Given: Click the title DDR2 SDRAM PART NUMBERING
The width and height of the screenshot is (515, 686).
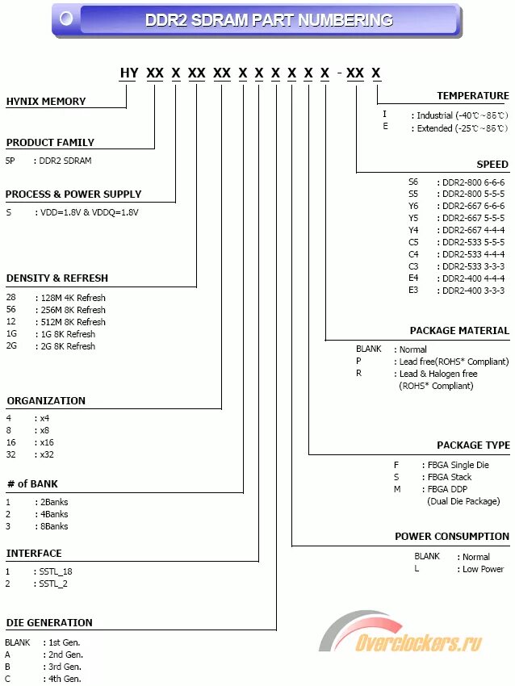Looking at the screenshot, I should (269, 20).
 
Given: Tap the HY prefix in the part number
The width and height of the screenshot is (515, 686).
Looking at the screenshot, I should (129, 73).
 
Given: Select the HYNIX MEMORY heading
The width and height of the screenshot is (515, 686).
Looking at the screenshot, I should (46, 102).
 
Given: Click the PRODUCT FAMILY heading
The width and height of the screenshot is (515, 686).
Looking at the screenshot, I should (50, 143).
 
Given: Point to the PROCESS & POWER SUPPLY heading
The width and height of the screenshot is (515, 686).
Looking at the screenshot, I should (73, 195).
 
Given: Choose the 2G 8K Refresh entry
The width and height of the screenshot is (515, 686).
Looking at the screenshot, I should (65, 346).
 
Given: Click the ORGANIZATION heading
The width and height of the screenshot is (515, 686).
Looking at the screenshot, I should (46, 401).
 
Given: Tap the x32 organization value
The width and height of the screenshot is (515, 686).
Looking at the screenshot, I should (46, 455).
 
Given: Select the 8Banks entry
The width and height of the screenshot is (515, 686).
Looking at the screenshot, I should (52, 526).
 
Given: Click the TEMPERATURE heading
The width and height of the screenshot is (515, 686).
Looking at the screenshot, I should (473, 96).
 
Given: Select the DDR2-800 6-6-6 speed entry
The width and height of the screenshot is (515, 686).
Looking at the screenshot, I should (473, 182).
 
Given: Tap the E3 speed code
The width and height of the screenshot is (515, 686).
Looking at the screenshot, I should (413, 291).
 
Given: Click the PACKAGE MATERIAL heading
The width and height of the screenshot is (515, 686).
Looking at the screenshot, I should (459, 331).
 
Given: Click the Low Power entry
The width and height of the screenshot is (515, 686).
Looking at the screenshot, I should (483, 569).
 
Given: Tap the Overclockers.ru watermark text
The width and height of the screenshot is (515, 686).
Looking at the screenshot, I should (419, 643).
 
